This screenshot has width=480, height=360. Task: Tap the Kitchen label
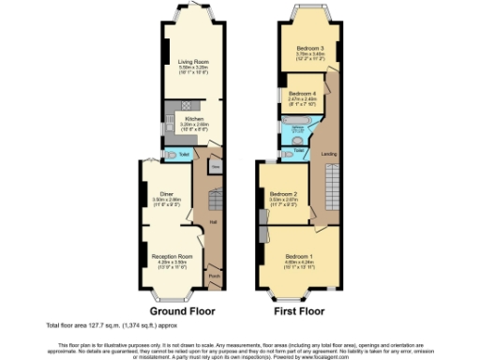pyautogui.click(x=193, y=119)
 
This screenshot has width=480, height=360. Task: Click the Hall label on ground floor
pyautogui.click(x=214, y=221)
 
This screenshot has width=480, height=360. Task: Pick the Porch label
pyautogui.click(x=214, y=276)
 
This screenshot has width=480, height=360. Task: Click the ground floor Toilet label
pyautogui.click(x=186, y=154)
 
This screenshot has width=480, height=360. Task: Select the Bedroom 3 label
pyautogui.click(x=310, y=48)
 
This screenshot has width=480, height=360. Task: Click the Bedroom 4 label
pyautogui.click(x=301, y=94)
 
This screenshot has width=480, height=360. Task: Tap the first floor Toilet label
pyautogui.click(x=299, y=150)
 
